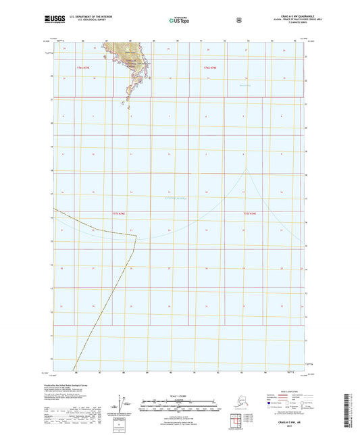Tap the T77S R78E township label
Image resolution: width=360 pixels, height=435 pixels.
(x=119, y=213)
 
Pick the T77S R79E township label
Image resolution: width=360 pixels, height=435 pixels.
(x=250, y=213)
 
